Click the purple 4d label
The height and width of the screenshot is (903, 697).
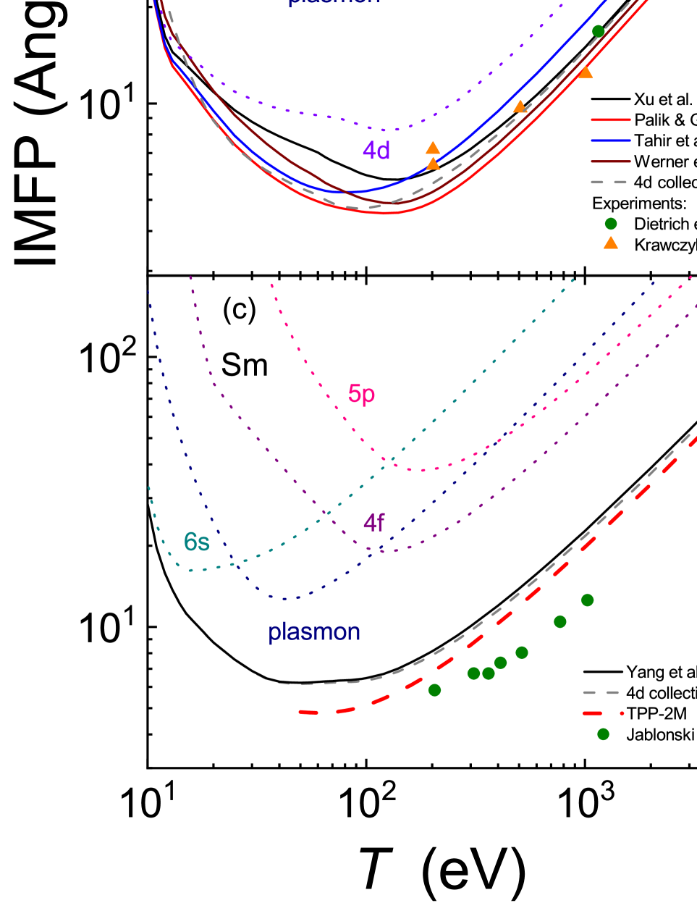376,151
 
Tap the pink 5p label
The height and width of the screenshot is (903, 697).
361,394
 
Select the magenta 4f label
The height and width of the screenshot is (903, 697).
373,522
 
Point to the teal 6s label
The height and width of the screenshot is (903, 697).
196,542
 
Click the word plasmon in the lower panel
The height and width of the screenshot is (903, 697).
314,632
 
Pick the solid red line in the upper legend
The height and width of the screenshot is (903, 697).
610,119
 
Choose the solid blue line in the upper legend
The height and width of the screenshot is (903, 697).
610,140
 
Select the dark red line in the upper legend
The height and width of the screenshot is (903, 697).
610,161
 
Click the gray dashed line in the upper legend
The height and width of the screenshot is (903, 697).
610,182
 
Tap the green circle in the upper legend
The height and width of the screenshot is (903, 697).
611,224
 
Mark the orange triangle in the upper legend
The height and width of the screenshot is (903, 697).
611,243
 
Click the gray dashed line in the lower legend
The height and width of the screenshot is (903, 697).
601,693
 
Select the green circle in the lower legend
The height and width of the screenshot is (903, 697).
603,734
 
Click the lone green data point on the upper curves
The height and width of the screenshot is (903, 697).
598,31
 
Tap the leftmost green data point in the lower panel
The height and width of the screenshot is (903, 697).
434,690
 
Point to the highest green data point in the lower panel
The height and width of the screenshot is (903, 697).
587,600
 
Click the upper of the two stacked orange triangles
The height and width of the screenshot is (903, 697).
433,148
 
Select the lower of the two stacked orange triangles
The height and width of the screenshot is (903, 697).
433,164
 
